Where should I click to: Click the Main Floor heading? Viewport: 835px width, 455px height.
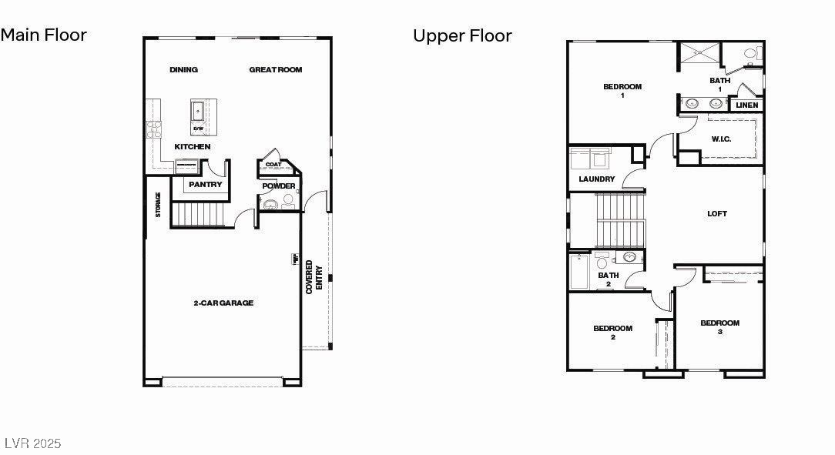tap(44, 35)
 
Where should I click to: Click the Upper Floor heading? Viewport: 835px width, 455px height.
tap(462, 35)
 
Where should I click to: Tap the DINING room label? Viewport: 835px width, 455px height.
tap(183, 70)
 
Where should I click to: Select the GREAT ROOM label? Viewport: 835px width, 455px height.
tap(275, 70)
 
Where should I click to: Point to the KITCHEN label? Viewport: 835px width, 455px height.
tap(192, 146)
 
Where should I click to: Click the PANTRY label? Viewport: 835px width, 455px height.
tap(206, 185)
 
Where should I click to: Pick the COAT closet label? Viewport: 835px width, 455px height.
tap(273, 164)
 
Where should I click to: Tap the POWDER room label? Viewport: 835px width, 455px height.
tap(278, 186)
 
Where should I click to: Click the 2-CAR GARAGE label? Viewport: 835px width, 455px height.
tap(223, 303)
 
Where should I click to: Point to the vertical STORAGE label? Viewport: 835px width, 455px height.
tap(159, 205)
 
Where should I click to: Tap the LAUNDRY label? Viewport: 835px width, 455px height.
tap(597, 179)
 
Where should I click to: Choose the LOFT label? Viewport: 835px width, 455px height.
tap(717, 214)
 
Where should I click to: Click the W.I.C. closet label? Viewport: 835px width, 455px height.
tap(721, 139)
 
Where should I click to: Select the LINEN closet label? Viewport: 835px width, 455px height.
tap(746, 105)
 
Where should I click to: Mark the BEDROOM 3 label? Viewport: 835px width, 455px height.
tap(719, 327)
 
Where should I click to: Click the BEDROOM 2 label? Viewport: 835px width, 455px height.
tap(612, 333)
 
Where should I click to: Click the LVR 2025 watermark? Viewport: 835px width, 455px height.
tap(32, 443)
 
